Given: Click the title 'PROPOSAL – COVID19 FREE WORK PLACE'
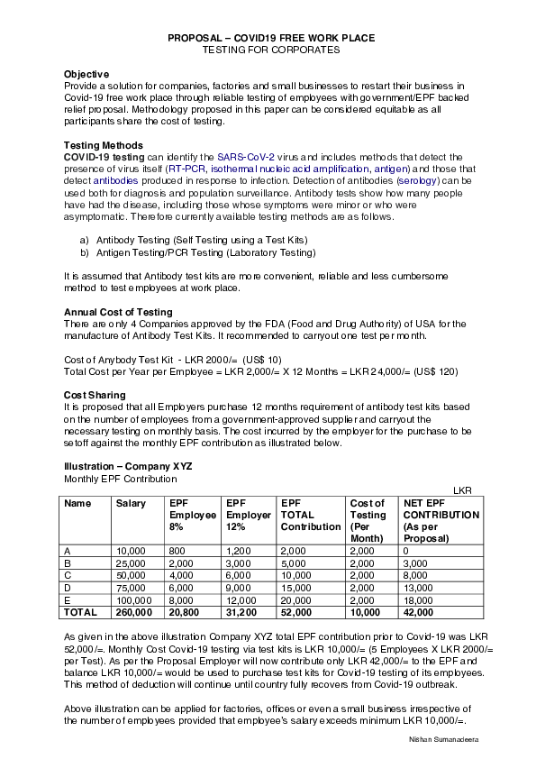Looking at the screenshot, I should [271, 38].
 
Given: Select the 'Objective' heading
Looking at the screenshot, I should [86, 74].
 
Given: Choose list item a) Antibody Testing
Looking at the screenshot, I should [194, 240].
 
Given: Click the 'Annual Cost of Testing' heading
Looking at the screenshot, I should [118, 312].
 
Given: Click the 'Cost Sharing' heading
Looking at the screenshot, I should [95, 395].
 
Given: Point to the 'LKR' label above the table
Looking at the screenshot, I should [462, 489].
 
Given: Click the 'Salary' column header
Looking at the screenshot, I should [131, 503].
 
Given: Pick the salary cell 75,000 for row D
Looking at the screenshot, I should [131, 587].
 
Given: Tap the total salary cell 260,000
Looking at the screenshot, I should [133, 612].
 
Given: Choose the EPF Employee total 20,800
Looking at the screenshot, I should [186, 612].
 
